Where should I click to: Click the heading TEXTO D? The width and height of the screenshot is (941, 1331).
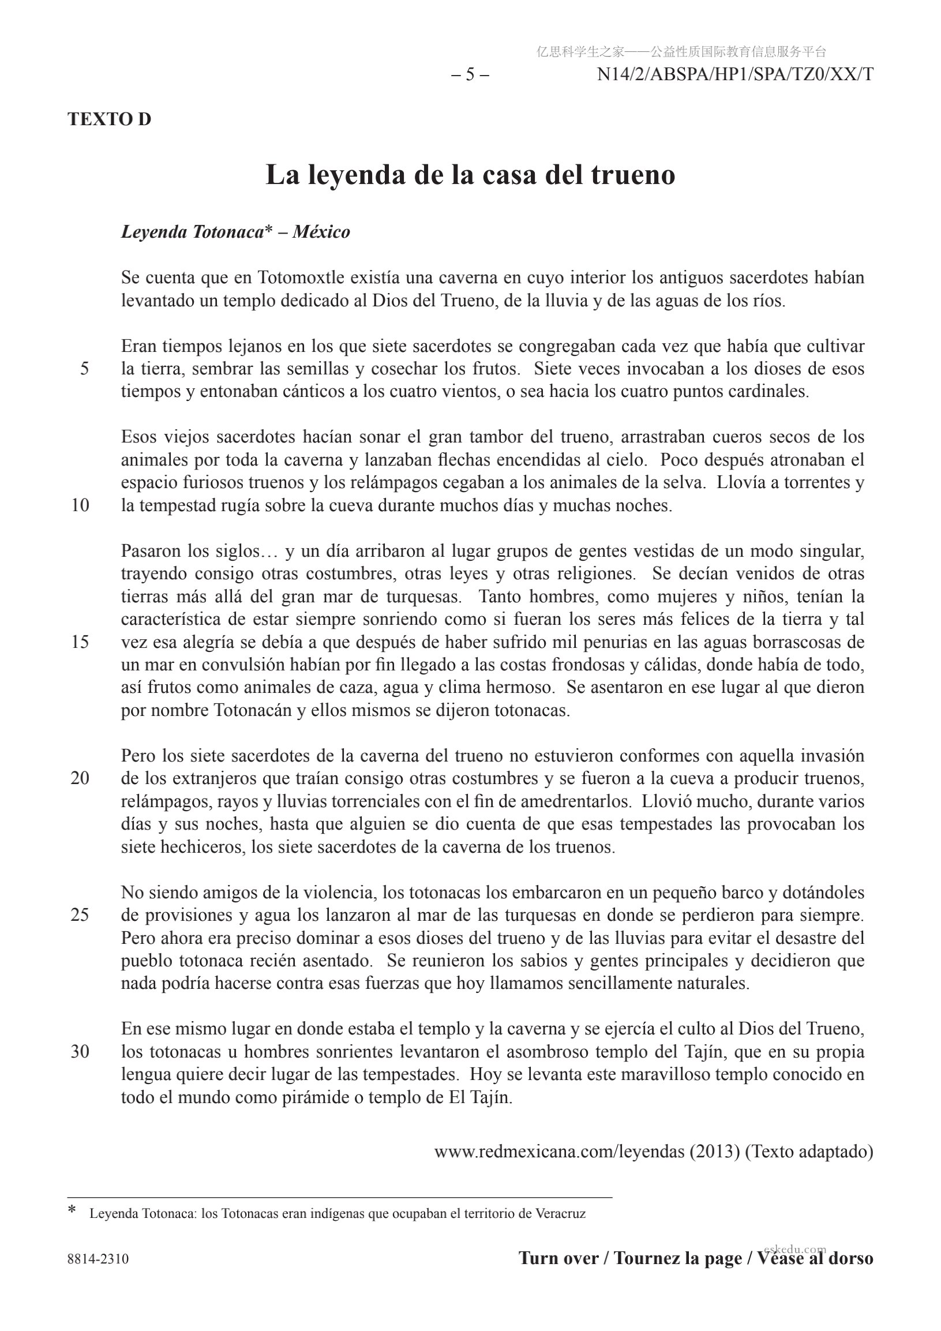click(109, 119)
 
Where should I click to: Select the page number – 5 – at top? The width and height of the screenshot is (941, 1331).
click(470, 75)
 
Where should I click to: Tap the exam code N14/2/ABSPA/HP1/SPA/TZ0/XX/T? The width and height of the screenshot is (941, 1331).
click(734, 75)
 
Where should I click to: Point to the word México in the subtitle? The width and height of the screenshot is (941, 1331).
click(321, 232)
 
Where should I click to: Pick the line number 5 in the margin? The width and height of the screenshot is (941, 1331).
click(85, 369)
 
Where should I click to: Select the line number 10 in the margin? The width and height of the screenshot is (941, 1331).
click(80, 505)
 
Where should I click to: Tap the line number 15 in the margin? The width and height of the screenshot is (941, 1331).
click(80, 642)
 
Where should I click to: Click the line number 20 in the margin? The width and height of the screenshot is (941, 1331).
click(80, 778)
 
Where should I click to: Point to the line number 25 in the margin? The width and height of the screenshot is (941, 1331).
click(80, 915)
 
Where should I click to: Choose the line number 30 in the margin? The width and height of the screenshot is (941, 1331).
click(80, 1052)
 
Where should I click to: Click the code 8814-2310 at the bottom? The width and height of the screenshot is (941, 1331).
click(98, 1258)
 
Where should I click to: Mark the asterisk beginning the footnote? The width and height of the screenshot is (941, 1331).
click(72, 1211)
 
